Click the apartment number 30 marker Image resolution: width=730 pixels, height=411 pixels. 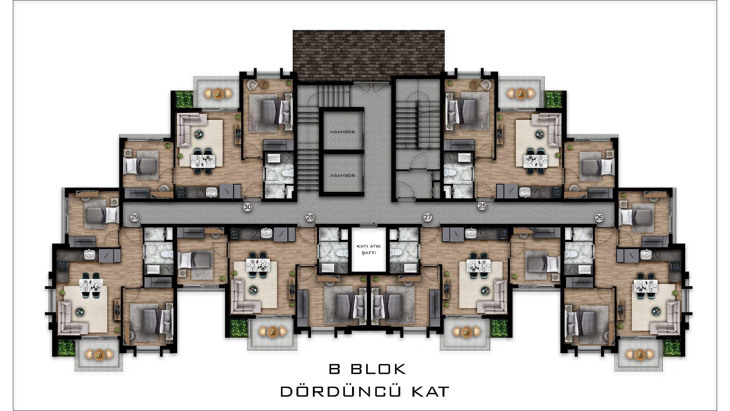248,207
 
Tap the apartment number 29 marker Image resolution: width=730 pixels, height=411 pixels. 135,217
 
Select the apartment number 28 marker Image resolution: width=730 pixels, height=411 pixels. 310,217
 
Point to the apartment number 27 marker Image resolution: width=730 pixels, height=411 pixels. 428,217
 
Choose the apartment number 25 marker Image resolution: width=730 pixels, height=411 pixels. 482,206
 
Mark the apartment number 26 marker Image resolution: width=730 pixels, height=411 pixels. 599,218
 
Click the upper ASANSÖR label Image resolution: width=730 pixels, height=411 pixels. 342,132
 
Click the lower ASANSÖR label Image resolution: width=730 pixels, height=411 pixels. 342,175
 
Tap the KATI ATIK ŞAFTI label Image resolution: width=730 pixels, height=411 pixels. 368,249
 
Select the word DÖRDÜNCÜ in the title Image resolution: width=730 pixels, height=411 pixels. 340,392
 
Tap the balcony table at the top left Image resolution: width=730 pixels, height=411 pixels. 218,93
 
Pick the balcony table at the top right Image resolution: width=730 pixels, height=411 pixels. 521,93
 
